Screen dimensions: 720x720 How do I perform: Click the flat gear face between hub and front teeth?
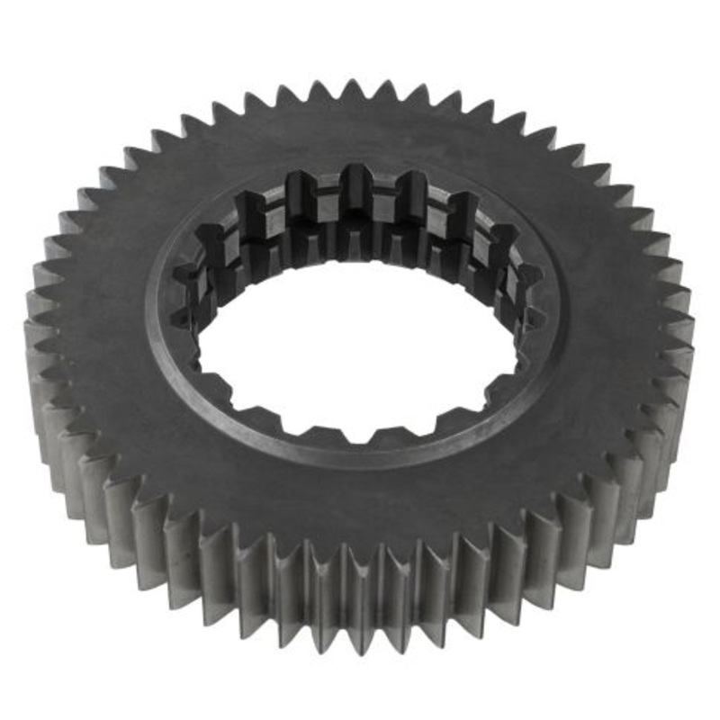360,504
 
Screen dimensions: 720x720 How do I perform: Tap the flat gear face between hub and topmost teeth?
355,126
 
